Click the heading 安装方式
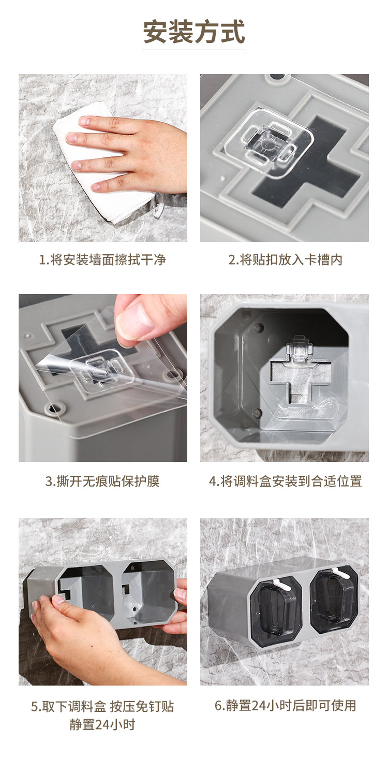click(194, 32)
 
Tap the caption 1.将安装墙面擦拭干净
click(102, 259)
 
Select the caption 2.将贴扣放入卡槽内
click(285, 259)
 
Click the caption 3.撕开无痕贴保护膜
click(102, 481)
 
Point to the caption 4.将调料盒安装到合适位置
click(285, 481)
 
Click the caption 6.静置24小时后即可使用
click(285, 705)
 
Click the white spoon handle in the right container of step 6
click(340, 573)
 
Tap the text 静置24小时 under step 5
click(102, 724)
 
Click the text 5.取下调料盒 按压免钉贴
click(102, 707)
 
